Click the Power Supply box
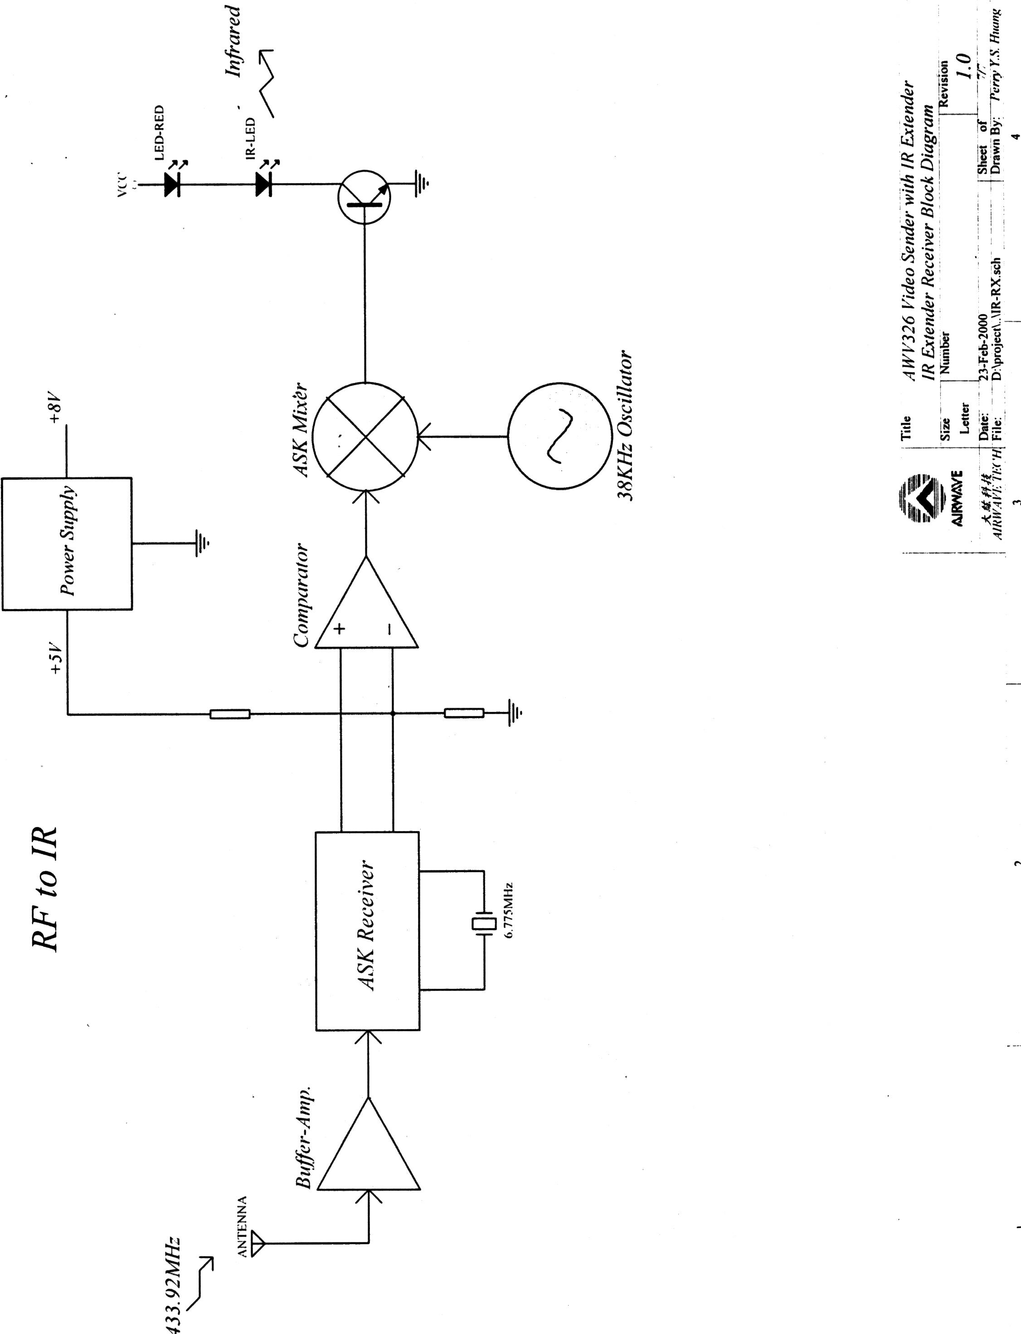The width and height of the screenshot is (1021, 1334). click(x=67, y=543)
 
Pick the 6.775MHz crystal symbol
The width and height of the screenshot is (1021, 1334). click(x=484, y=924)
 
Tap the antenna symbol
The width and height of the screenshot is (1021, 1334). click(x=258, y=1243)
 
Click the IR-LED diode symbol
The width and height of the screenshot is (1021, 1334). click(x=263, y=184)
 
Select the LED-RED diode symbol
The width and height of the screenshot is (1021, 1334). click(x=172, y=184)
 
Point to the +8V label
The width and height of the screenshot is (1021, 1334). click(x=55, y=410)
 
